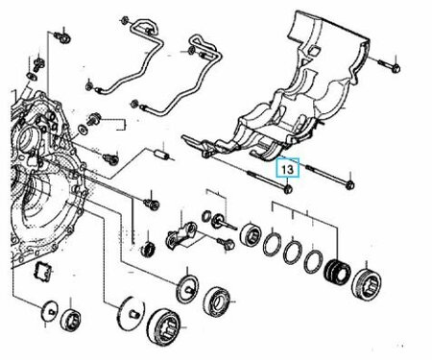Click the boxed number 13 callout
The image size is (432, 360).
coord(288,168)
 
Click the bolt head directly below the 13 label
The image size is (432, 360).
coord(288,189)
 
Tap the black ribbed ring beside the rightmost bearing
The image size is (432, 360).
coord(337,272)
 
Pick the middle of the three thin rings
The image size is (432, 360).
coord(293,252)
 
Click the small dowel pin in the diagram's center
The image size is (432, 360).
coord(162,155)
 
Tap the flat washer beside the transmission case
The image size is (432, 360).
coord(84,130)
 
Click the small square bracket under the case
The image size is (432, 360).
coord(42,271)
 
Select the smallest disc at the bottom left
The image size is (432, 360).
coord(50,310)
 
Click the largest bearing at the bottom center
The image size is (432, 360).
coord(163,325)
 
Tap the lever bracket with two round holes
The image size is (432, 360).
coord(181,235)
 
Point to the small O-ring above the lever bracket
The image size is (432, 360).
coord(206,215)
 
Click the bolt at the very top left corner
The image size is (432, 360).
coord(63,37)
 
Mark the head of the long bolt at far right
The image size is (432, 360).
coord(350,184)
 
